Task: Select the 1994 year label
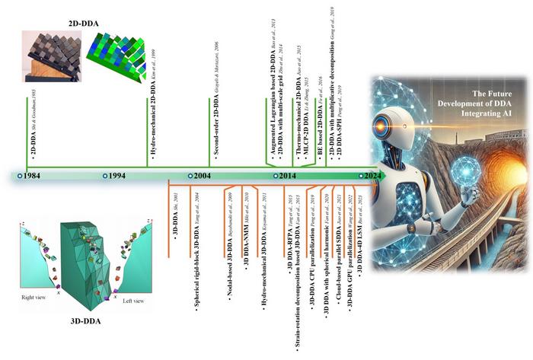point(116,176)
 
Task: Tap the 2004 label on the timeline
point(201,176)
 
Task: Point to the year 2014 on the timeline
point(286,176)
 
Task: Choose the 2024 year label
point(371,176)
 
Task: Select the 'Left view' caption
point(136,301)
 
